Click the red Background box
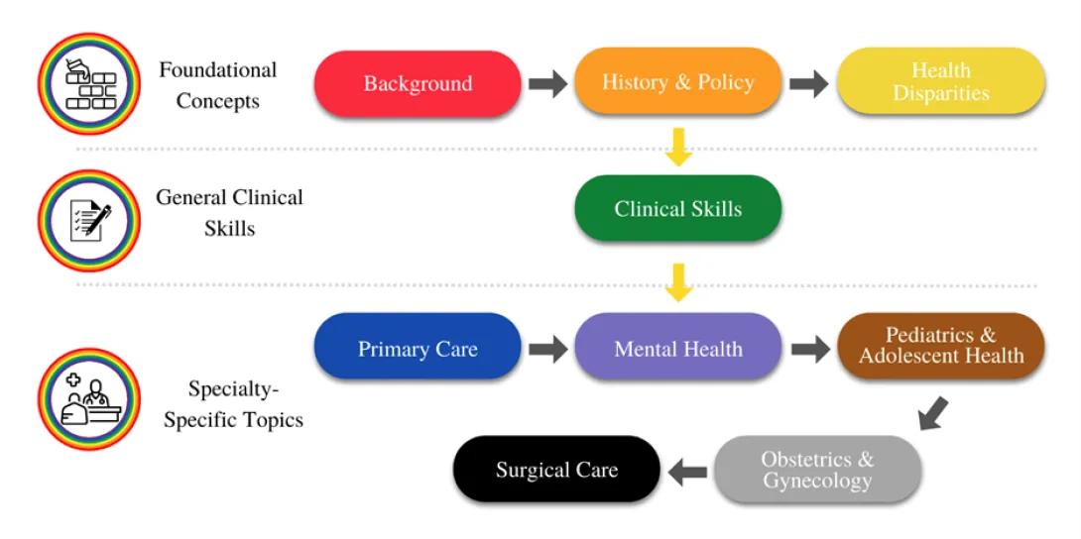pos(418,83)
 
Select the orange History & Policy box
pos(678,81)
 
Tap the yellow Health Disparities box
pos(941,81)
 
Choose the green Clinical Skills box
pos(678,209)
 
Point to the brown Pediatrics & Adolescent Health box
pos(941,346)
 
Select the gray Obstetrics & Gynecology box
pos(817,470)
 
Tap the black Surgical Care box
pos(556,470)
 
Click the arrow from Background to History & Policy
pos(548,84)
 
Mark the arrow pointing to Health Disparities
pos(808,84)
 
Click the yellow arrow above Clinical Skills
pos(679,147)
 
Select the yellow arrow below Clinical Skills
pos(679,282)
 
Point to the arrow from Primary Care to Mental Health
pos(548,349)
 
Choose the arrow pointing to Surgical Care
pos(687,473)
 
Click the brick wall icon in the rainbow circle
pos(89,83)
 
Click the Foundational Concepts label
pos(218,85)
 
